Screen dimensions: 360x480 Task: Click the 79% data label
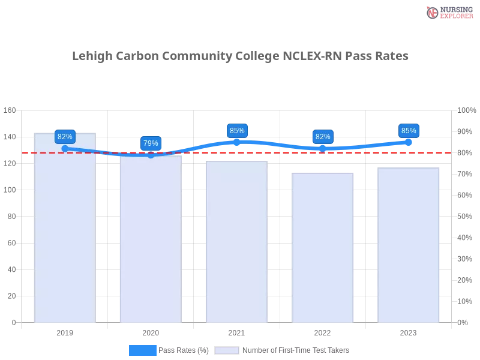click(151, 143)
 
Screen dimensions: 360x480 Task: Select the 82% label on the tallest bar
click(65, 137)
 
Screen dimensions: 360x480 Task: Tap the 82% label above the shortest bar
click(323, 137)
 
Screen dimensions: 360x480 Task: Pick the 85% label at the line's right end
click(409, 131)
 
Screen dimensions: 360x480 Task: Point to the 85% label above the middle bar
click(237, 131)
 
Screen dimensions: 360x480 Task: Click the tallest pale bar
click(65, 228)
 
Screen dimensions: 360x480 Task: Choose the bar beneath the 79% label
click(151, 240)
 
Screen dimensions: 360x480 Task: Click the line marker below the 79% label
click(151, 155)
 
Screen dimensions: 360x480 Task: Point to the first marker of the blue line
click(65, 148)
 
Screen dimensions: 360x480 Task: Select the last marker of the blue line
click(409, 142)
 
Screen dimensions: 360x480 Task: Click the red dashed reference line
click(360, 152)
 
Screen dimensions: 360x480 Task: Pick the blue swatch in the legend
click(143, 350)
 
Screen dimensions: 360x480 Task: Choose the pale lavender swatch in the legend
click(227, 350)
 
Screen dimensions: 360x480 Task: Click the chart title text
click(242, 56)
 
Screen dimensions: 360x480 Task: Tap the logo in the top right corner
click(448, 12)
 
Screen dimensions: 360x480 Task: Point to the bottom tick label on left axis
click(13, 322)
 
